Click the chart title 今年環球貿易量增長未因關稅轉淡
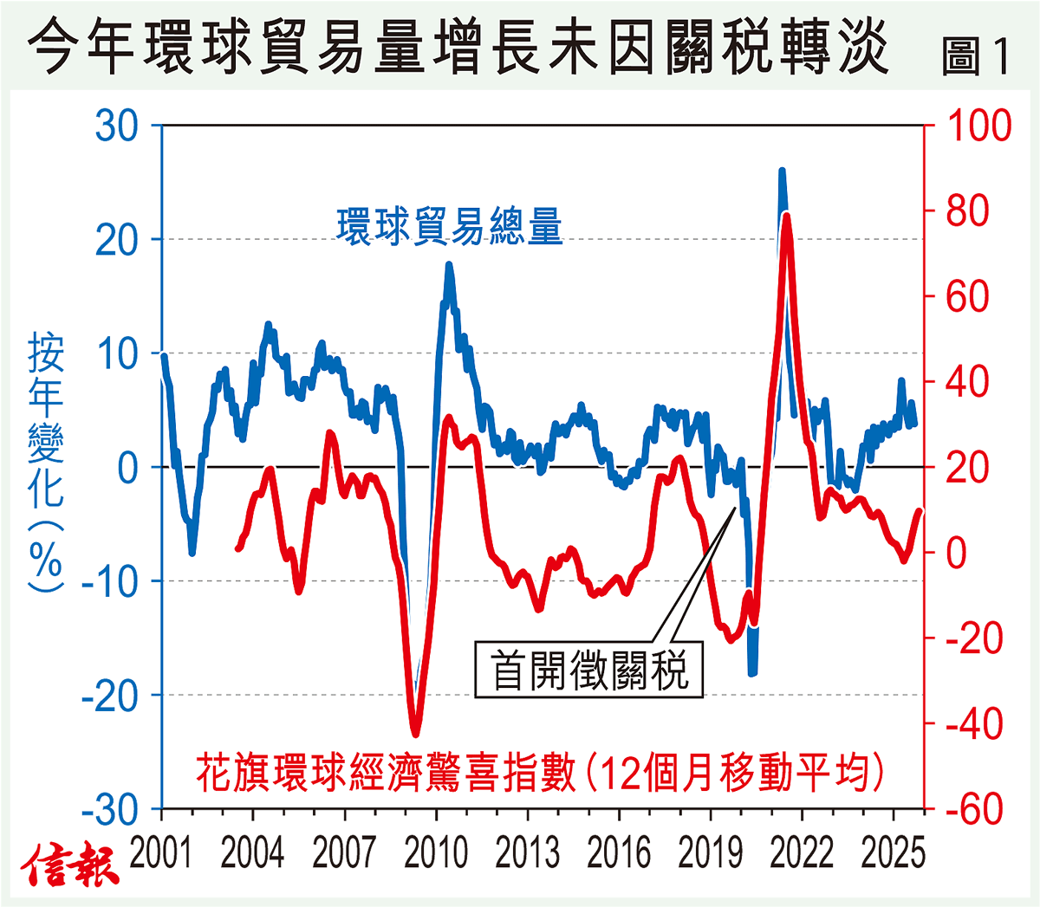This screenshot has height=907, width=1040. pos(458,48)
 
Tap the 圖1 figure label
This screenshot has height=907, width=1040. pos(976,58)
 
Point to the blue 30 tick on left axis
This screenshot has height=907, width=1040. pos(117,126)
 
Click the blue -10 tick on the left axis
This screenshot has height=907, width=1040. pos(110,582)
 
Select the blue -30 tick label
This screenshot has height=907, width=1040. pos(110,811)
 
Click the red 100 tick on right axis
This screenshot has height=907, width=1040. pos(978,126)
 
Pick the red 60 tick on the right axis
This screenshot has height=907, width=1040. pos(967,297)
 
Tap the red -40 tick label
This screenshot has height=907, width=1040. pos(973,725)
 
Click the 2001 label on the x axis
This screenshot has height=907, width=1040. pos(161,854)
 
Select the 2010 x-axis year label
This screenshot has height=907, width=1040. pos(436,854)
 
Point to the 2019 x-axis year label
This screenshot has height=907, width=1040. pos(711,854)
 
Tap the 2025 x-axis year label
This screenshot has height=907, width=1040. pos(894,854)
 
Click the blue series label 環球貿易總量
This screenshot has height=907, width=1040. pos(450,227)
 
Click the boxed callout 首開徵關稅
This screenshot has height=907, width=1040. pos(589,670)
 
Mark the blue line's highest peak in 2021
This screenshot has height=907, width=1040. pos(782,172)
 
